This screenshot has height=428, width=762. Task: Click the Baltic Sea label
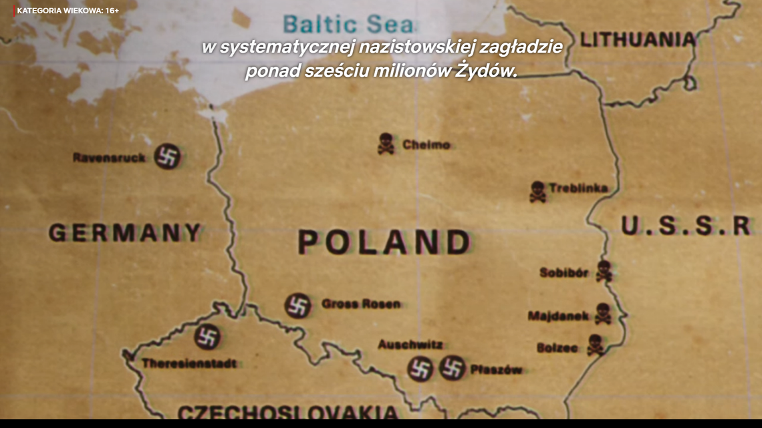(x=348, y=24)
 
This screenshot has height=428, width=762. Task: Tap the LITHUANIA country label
(x=637, y=39)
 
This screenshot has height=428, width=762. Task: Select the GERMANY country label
(x=125, y=232)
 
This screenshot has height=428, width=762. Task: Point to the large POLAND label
(x=384, y=242)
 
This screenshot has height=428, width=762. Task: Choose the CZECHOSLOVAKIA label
(x=288, y=412)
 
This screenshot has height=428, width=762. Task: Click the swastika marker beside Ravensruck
(x=167, y=156)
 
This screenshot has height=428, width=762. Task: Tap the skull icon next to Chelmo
(x=386, y=144)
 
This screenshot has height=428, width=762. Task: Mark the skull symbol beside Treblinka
(x=537, y=191)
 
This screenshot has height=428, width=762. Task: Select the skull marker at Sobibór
(x=604, y=270)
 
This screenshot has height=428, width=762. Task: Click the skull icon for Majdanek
(x=602, y=313)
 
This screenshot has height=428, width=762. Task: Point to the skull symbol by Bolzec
(x=594, y=345)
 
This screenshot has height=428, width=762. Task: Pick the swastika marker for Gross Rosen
(x=297, y=305)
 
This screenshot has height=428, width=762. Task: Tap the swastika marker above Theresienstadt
(x=207, y=337)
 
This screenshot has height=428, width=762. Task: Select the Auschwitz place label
(x=410, y=345)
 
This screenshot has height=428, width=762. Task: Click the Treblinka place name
(x=578, y=188)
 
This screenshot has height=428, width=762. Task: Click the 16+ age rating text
(x=112, y=11)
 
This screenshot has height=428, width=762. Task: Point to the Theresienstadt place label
(x=188, y=364)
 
